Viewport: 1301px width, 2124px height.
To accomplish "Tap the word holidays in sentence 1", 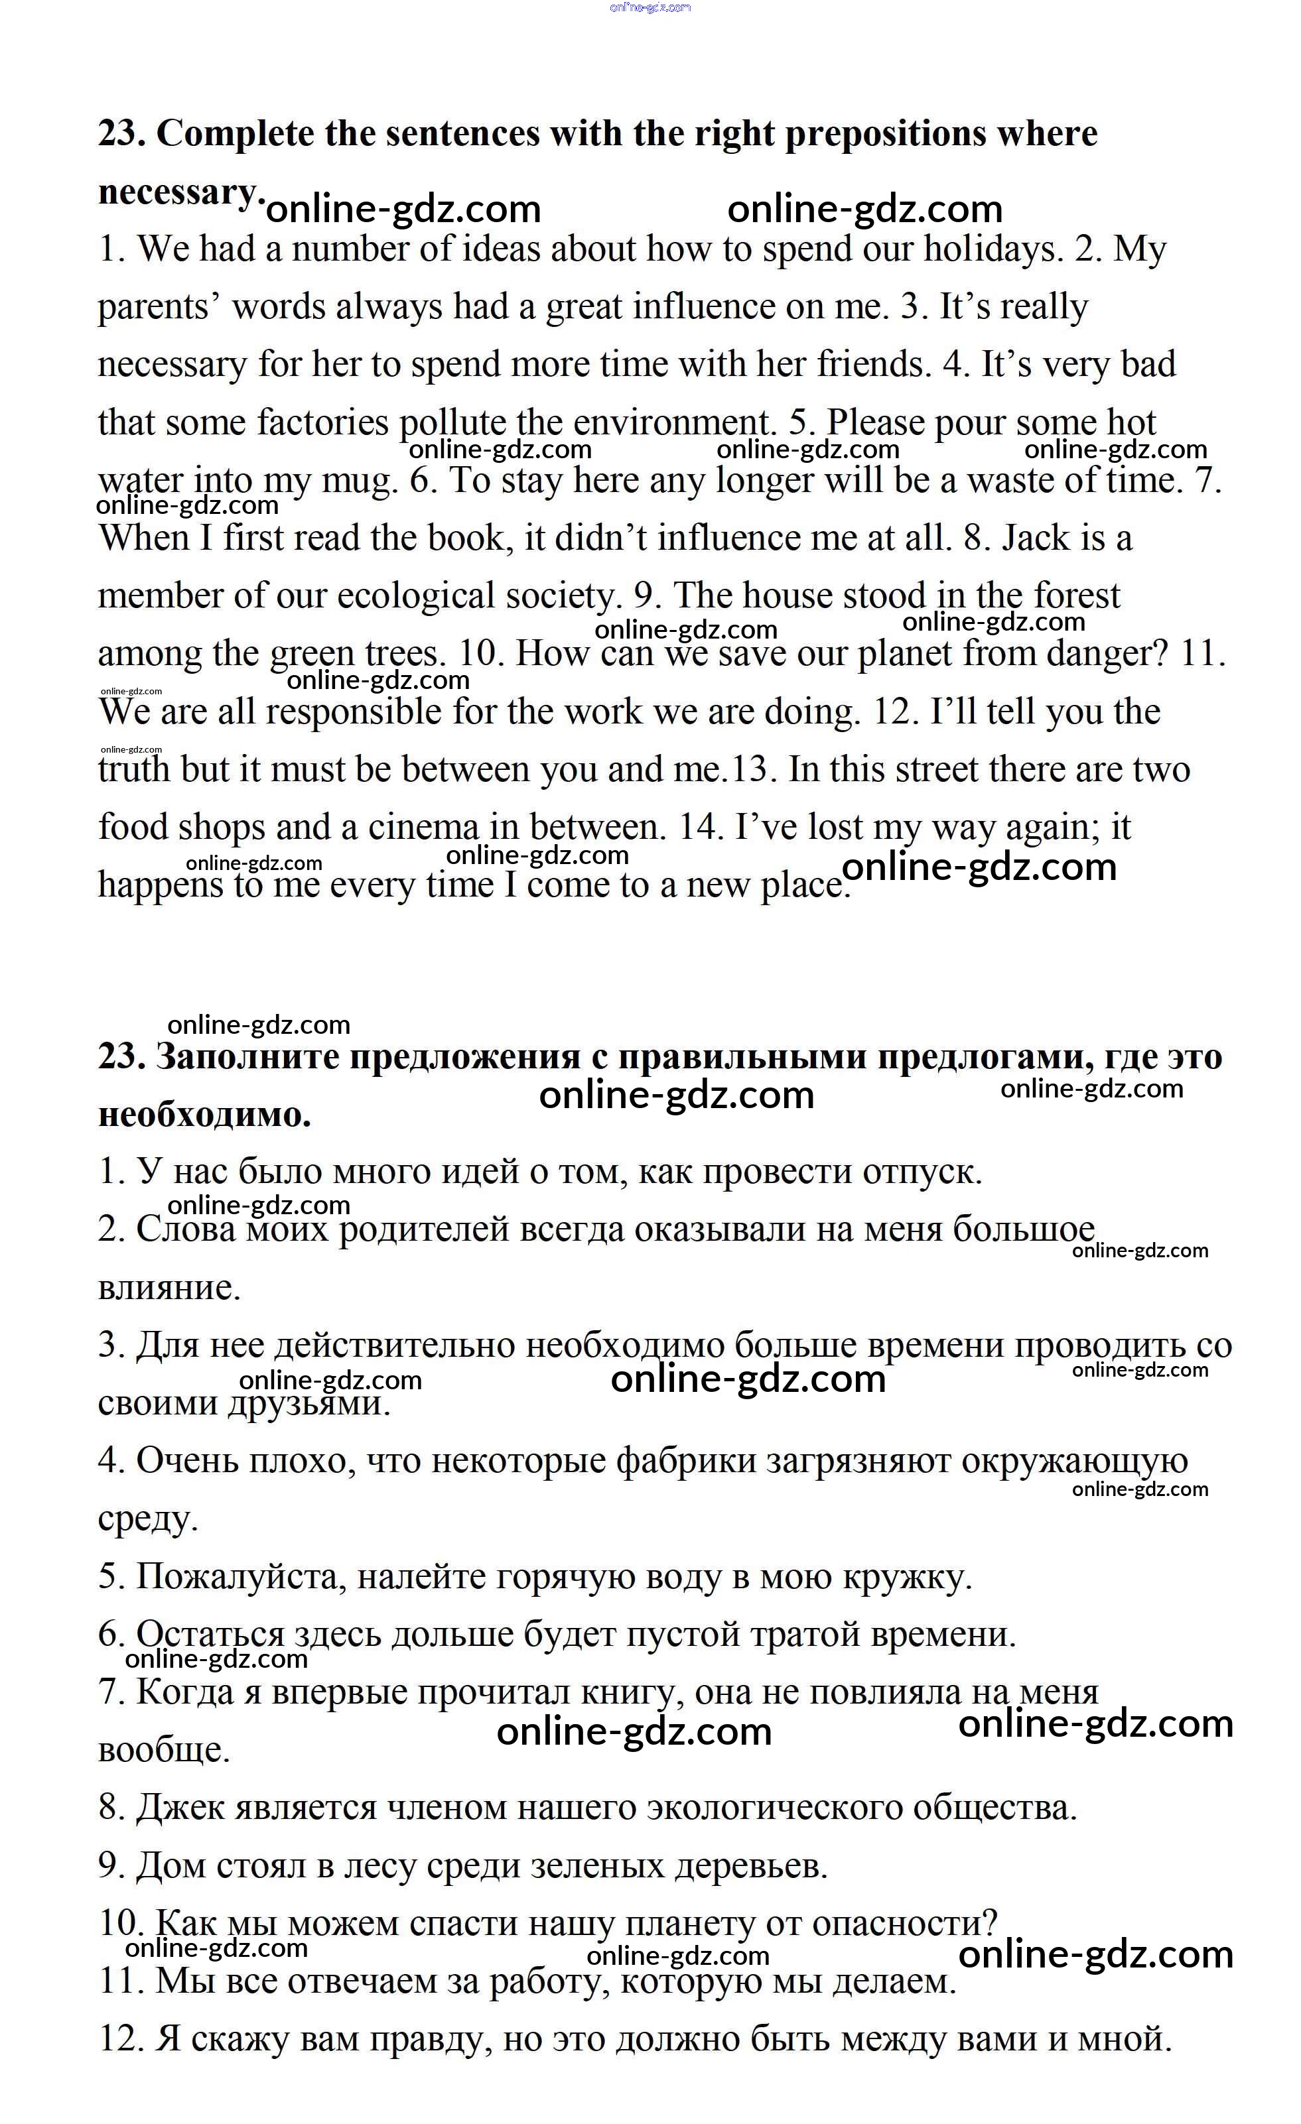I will click(991, 250).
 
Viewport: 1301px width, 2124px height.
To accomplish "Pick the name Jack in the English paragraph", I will click(1034, 538).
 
